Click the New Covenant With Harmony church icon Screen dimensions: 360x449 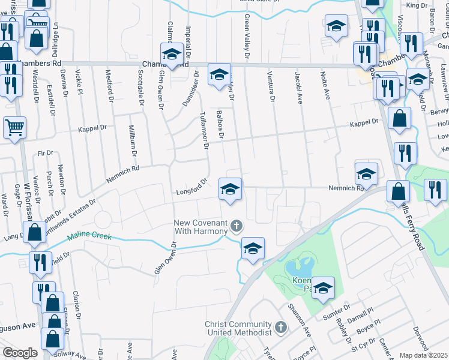tap(237, 226)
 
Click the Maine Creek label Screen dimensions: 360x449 tap(89, 236)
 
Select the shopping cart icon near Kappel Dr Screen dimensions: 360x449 tap(14, 127)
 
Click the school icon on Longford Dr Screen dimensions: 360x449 tap(229, 189)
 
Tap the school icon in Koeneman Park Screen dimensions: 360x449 tap(323, 289)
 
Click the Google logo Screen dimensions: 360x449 tap(19, 353)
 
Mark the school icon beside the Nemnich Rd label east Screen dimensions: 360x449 tap(366, 174)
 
